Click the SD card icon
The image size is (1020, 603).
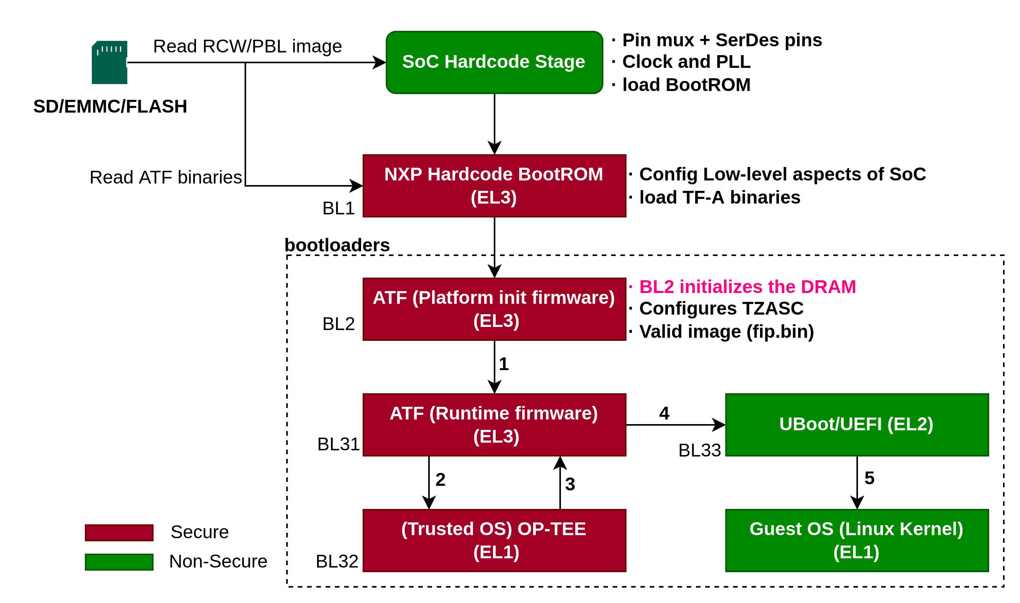coord(109,65)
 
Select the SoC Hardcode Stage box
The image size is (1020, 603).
coord(494,62)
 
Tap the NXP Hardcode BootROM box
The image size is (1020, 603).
coord(494,186)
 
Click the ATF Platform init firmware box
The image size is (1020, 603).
coord(494,309)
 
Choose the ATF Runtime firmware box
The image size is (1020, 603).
coord(494,424)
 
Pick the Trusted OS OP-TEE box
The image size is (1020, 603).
coord(494,541)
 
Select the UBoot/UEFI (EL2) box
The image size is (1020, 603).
coord(856,424)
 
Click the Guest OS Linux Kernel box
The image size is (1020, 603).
coord(856,541)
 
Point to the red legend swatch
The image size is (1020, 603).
coord(119,533)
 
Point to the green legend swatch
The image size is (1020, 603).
coord(119,562)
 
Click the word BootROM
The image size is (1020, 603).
coord(560,174)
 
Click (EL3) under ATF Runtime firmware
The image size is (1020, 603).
coord(496,436)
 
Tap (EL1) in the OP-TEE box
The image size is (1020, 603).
coord(496,552)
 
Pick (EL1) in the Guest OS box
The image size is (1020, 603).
coord(856,552)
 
